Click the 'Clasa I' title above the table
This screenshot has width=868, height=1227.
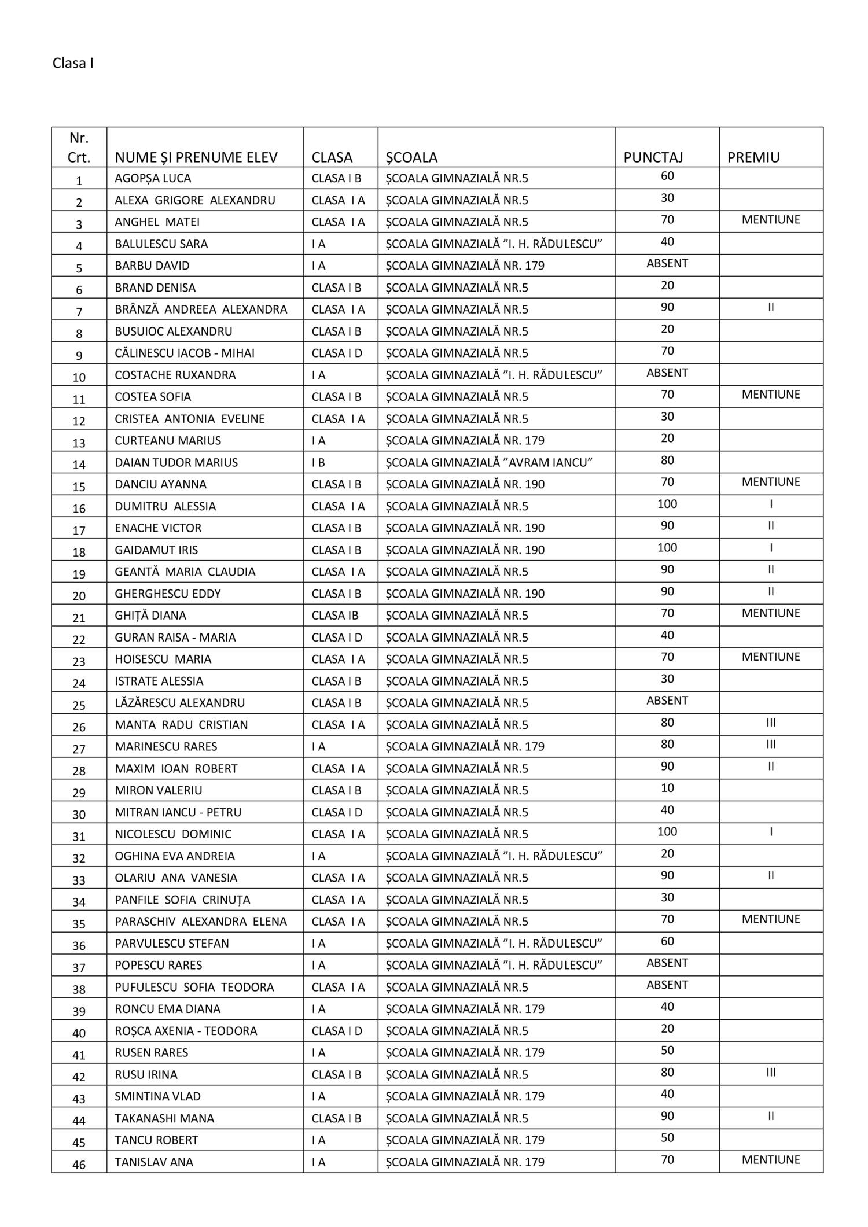pyautogui.click(x=73, y=63)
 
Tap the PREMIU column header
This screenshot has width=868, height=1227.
pyautogui.click(x=753, y=157)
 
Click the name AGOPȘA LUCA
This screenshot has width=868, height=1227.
pyautogui.click(x=153, y=178)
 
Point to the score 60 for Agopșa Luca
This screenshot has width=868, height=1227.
pyautogui.click(x=667, y=176)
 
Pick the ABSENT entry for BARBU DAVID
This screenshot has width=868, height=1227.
pyautogui.click(x=667, y=263)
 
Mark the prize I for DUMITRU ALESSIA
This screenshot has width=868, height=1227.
pyautogui.click(x=771, y=504)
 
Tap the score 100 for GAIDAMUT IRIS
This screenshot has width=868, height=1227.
pyautogui.click(x=667, y=547)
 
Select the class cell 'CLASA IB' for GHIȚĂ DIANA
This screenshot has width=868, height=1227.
pyautogui.click(x=335, y=615)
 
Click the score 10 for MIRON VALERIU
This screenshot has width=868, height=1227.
pyautogui.click(x=667, y=788)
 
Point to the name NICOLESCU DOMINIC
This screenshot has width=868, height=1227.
pyautogui.click(x=173, y=834)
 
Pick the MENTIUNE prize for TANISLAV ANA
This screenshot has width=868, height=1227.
pyautogui.click(x=771, y=1159)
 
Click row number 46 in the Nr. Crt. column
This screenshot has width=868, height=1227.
pyautogui.click(x=79, y=1164)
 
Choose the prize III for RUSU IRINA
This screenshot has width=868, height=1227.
pyautogui.click(x=771, y=1072)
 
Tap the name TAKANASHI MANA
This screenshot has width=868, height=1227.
pyautogui.click(x=164, y=1118)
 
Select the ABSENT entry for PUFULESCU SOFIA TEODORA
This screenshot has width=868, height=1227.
pyautogui.click(x=667, y=985)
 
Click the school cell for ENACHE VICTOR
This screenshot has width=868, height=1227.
pyautogui.click(x=465, y=528)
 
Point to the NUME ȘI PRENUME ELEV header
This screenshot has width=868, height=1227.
pyautogui.click(x=196, y=157)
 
